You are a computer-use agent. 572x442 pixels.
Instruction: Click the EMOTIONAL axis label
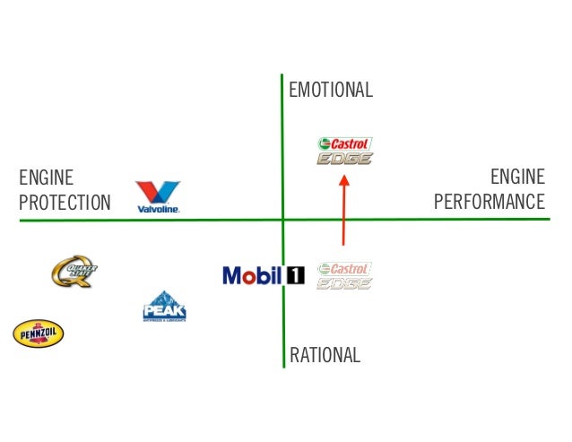(330, 91)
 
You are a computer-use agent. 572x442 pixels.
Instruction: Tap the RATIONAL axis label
(325, 355)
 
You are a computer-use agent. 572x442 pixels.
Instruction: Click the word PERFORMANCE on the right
(489, 202)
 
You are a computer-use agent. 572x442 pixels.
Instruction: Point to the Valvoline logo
(158, 197)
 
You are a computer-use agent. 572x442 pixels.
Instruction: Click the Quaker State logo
(74, 271)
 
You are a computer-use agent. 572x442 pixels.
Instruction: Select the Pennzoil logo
(38, 334)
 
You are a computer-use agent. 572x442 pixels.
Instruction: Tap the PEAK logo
(164, 307)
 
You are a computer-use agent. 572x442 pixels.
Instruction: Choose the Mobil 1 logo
(264, 275)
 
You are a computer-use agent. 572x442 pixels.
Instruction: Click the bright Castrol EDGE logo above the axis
(345, 151)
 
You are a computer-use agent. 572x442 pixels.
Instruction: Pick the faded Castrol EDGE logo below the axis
(345, 275)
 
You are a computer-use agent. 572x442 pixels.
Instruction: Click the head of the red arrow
(343, 179)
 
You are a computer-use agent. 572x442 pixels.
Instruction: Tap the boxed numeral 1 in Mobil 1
(295, 275)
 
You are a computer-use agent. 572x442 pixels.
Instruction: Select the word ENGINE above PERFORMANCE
(517, 177)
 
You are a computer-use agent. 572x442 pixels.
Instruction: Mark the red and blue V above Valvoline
(158, 192)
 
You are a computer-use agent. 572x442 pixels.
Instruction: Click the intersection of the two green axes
(282, 219)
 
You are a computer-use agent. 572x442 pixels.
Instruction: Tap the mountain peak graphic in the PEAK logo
(164, 299)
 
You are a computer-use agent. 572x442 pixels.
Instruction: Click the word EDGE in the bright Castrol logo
(345, 159)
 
